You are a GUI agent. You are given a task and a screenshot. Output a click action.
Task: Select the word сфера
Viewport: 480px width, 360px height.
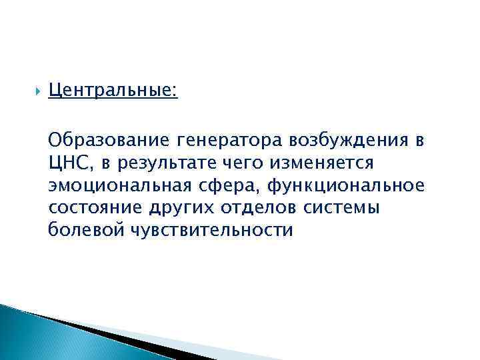(x=231, y=185)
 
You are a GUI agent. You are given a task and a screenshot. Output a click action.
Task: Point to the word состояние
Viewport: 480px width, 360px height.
(x=94, y=207)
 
